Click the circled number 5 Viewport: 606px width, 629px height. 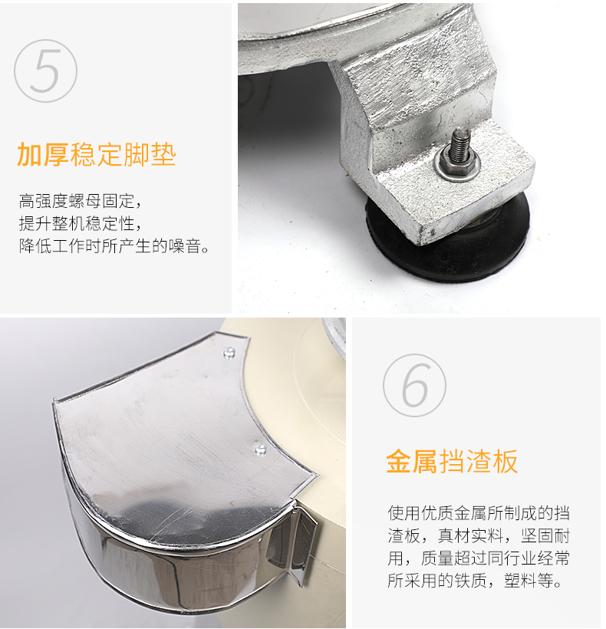pyautogui.click(x=46, y=71)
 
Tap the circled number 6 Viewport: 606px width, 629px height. pyautogui.click(x=414, y=385)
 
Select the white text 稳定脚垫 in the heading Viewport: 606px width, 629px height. pyautogui.click(x=123, y=154)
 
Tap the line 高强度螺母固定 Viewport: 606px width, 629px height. pyautogui.click(x=81, y=202)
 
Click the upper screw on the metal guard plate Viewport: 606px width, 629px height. pyautogui.click(x=229, y=353)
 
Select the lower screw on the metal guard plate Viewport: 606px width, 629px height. pyautogui.click(x=261, y=449)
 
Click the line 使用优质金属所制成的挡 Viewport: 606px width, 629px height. pyautogui.click(x=479, y=513)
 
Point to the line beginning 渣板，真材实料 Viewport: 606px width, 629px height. pyautogui.click(x=479, y=535)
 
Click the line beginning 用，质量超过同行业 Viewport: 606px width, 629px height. pyautogui.click(x=479, y=558)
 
